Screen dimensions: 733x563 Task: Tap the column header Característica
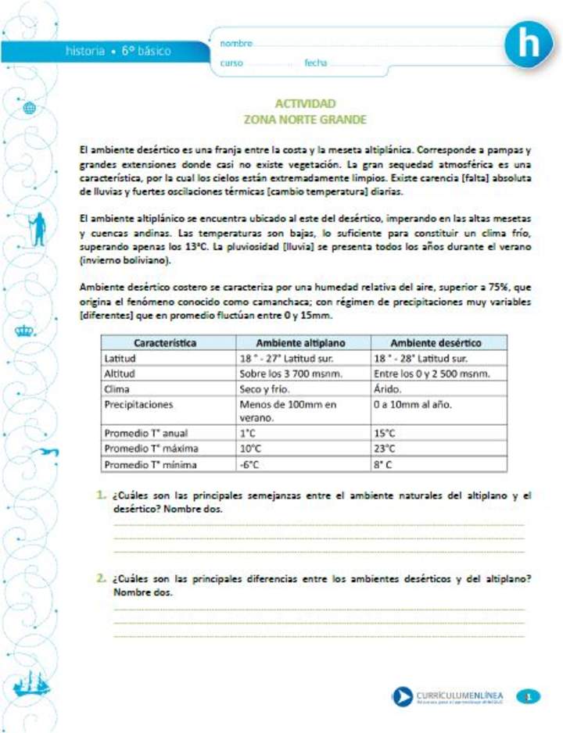(165, 343)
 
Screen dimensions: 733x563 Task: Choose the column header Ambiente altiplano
(300, 343)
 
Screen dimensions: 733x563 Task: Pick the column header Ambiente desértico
(436, 343)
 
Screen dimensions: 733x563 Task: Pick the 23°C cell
(385, 449)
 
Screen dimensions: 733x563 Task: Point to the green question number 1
(102, 495)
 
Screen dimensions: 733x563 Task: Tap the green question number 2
(102, 578)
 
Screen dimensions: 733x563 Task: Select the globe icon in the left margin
(30, 109)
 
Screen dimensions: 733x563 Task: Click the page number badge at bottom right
(529, 695)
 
